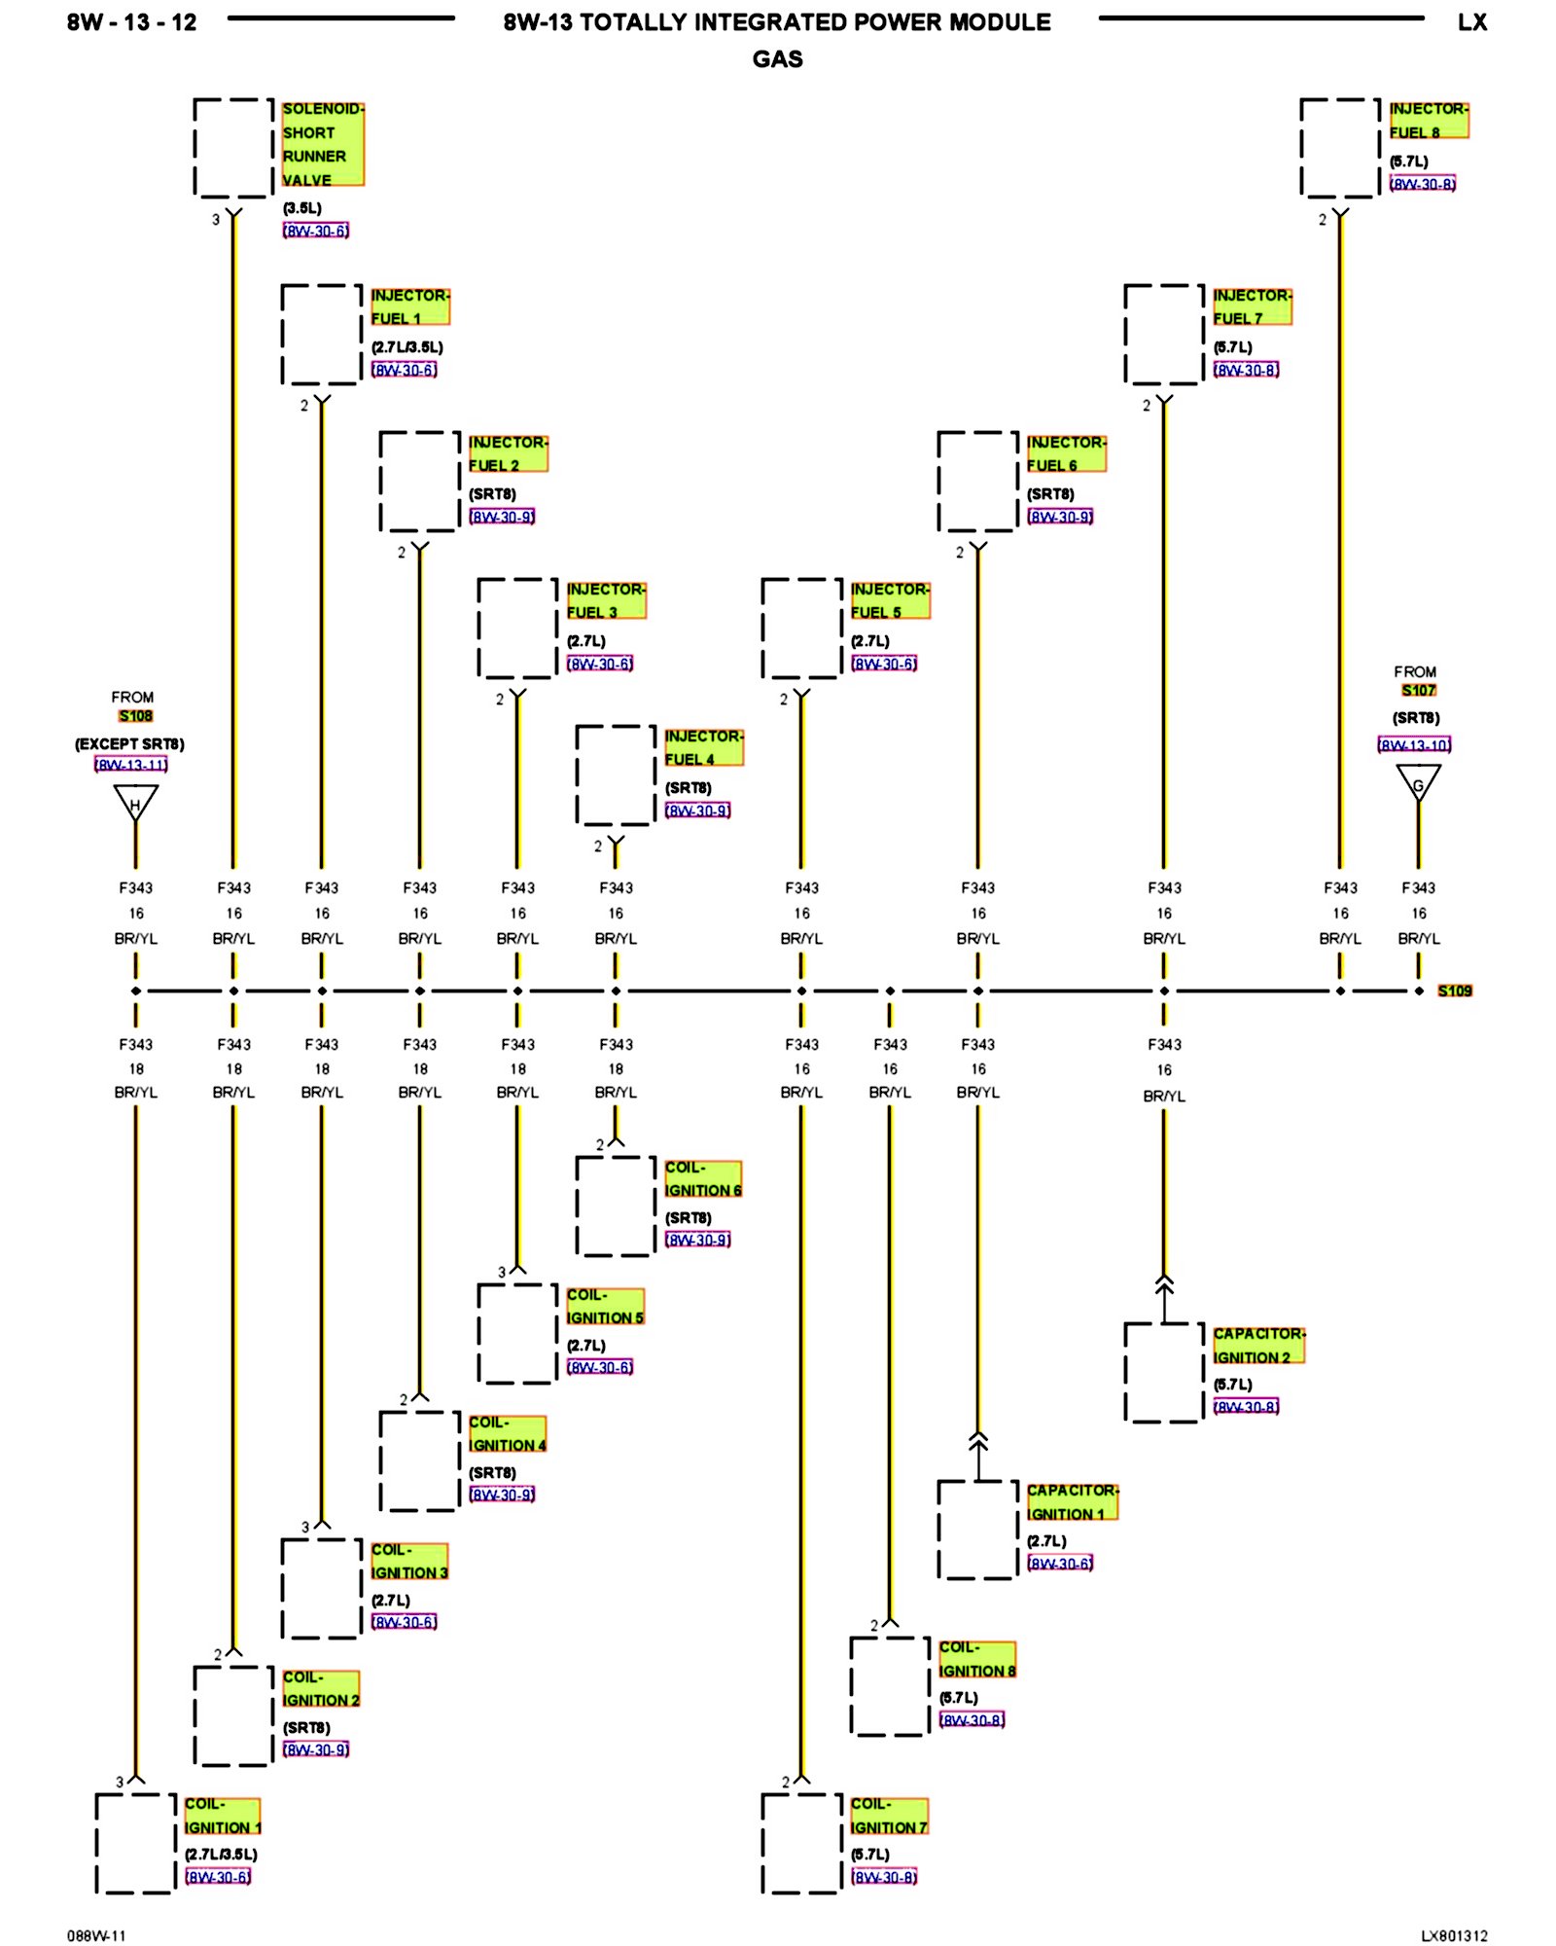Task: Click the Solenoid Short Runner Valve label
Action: (322, 144)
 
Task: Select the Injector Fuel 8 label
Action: (1428, 121)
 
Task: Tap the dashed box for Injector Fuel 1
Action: (322, 334)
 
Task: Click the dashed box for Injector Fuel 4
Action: (616, 775)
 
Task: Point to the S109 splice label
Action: (1454, 991)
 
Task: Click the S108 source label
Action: (135, 716)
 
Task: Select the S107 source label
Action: (1418, 691)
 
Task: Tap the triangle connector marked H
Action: (135, 803)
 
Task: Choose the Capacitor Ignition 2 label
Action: (1258, 1346)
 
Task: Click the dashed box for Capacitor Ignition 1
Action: (977, 1530)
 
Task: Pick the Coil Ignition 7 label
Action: (889, 1816)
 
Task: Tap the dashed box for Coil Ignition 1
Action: (135, 1843)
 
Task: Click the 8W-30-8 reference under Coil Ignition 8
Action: (972, 1720)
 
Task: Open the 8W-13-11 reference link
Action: (131, 765)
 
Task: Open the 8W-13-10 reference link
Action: (1414, 745)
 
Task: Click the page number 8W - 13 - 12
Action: (131, 22)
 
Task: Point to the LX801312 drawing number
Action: (1454, 1935)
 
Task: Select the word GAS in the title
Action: (777, 59)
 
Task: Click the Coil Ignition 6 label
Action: (702, 1178)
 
